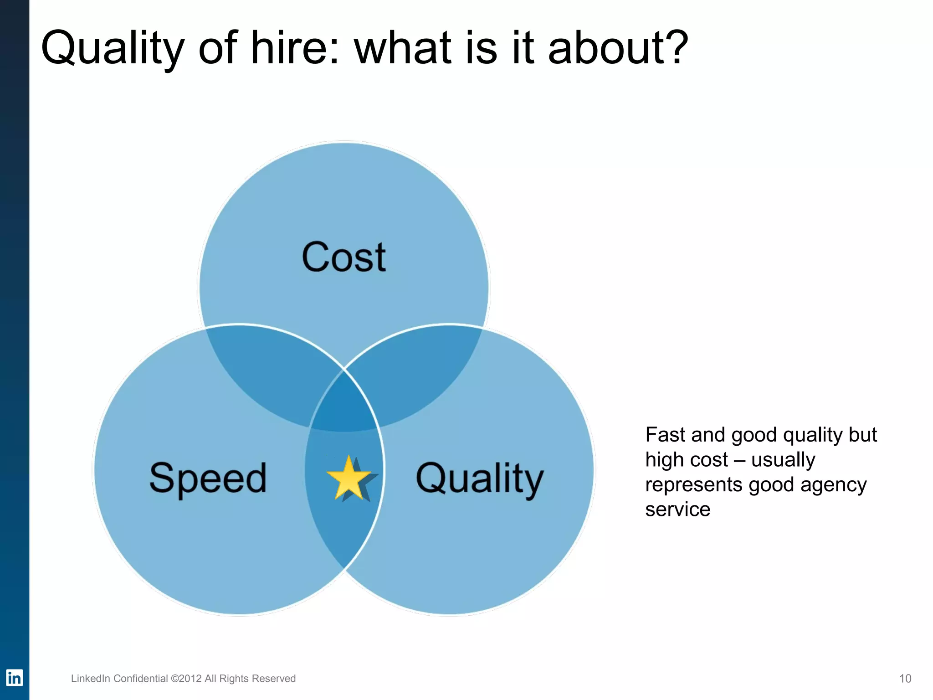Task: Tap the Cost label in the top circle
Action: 344,257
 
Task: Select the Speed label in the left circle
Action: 208,478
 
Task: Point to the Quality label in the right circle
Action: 480,479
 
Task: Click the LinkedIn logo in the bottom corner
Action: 14,678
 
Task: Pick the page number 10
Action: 905,679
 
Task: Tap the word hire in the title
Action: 289,47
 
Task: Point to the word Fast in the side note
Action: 666,435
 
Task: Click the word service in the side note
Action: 677,510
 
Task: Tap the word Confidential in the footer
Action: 141,679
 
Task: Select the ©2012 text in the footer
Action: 186,679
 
